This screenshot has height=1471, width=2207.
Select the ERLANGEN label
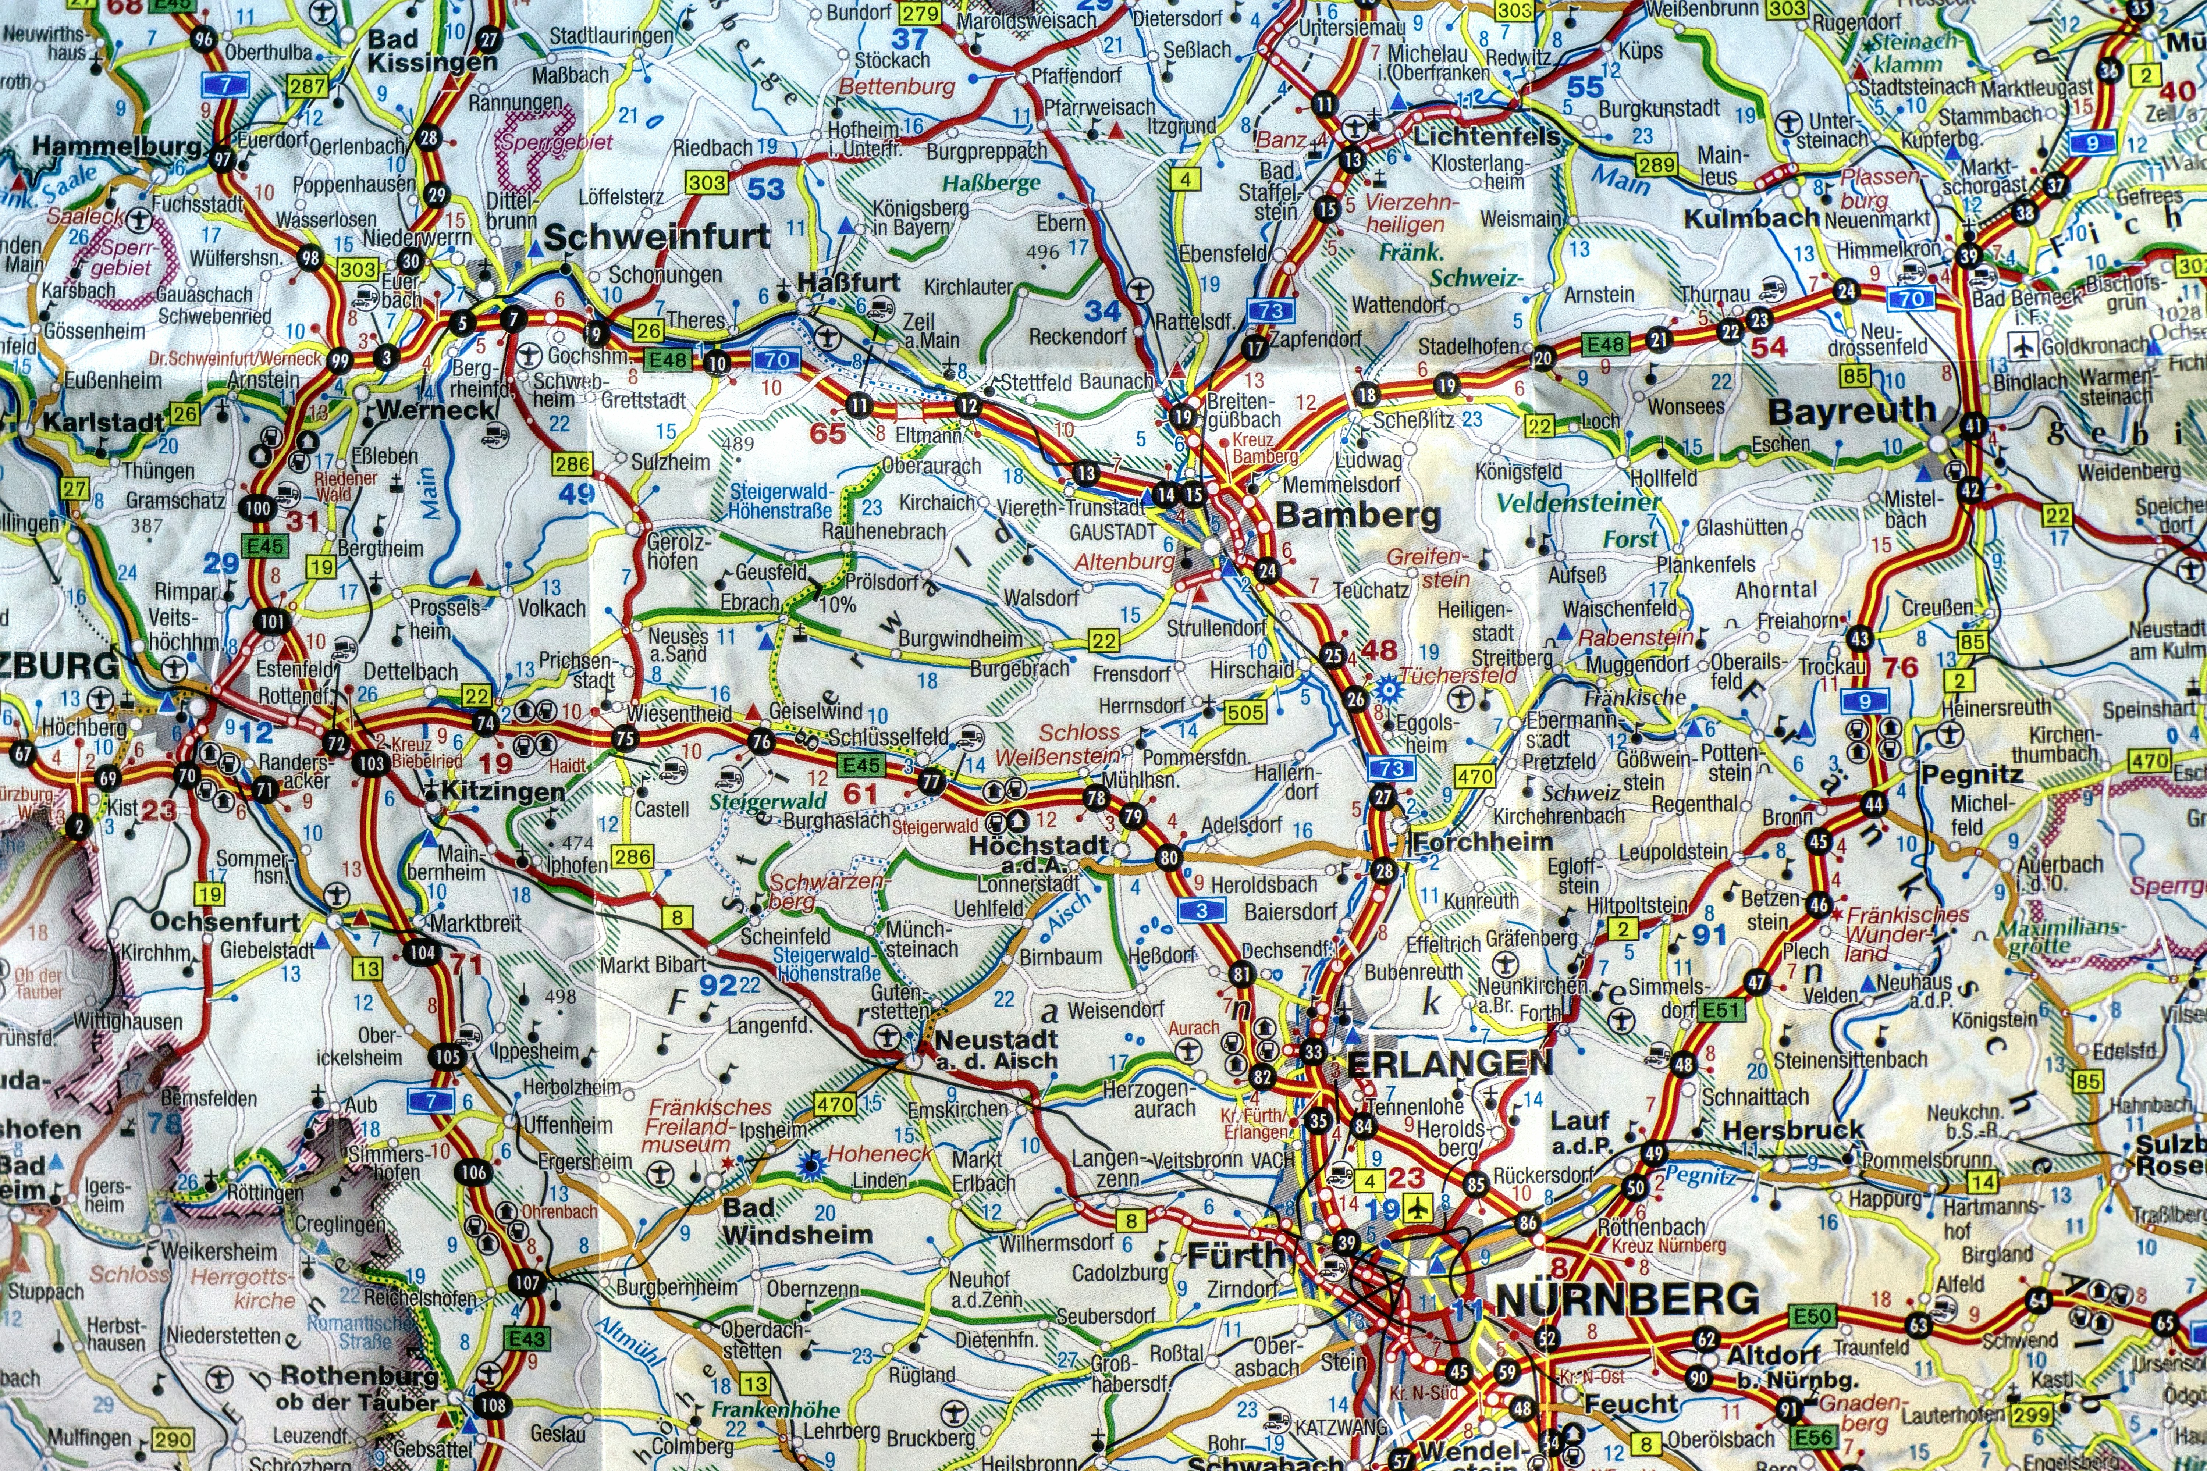[1450, 1063]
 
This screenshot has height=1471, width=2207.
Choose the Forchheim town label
[1483, 841]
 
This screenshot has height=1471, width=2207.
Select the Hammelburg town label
[117, 146]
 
